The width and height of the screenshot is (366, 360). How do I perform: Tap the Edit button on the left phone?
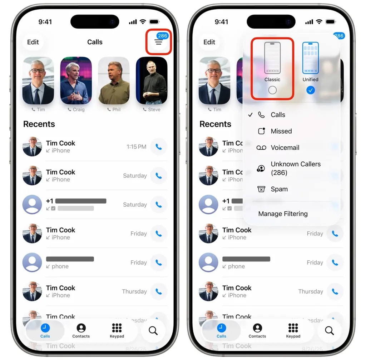click(x=33, y=42)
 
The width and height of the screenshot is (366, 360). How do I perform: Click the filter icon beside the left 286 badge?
click(x=158, y=42)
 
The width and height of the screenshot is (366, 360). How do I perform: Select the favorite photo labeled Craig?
click(x=76, y=80)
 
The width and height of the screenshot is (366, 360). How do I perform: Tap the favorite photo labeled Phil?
click(x=114, y=80)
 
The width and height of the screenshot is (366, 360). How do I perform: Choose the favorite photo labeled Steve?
click(x=152, y=80)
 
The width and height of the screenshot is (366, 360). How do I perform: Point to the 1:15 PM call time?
click(x=136, y=147)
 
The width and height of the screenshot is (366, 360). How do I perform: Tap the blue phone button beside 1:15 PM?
click(x=158, y=147)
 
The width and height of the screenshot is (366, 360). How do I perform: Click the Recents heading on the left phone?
click(x=39, y=124)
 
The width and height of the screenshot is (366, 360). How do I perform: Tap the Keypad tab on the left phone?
click(x=117, y=330)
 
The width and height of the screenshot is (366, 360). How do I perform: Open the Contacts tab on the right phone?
click(x=257, y=330)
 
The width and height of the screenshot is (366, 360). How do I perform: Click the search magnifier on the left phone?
click(x=153, y=331)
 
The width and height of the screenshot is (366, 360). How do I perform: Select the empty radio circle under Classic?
click(x=272, y=90)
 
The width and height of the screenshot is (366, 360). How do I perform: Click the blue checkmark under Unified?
click(x=311, y=90)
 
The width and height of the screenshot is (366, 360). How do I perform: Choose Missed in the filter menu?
click(x=281, y=131)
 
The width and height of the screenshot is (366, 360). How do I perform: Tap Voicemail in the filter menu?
click(x=285, y=147)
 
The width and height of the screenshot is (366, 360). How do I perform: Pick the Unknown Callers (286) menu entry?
click(x=295, y=168)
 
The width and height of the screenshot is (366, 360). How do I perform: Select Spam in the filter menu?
click(x=279, y=189)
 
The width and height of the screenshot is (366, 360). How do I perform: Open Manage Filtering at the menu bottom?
click(x=283, y=214)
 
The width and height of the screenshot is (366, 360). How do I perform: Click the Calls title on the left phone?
click(x=95, y=42)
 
